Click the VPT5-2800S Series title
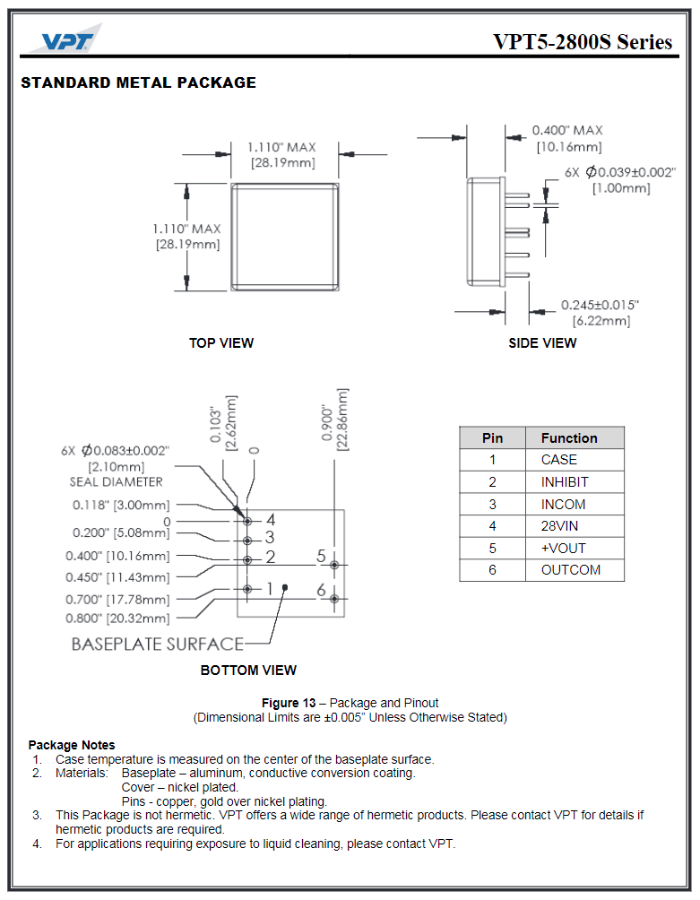(582, 42)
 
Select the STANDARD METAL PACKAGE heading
(138, 82)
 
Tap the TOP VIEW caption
(220, 342)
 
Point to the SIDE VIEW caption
(542, 342)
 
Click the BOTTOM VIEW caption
(248, 670)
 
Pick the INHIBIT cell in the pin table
(565, 482)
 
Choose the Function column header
(568, 438)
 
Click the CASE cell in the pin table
(558, 460)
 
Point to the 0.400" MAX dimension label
(567, 131)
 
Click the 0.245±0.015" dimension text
(600, 305)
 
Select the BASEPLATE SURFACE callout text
(157, 644)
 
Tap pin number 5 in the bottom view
(321, 557)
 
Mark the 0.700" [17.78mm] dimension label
(117, 600)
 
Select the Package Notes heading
(72, 745)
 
